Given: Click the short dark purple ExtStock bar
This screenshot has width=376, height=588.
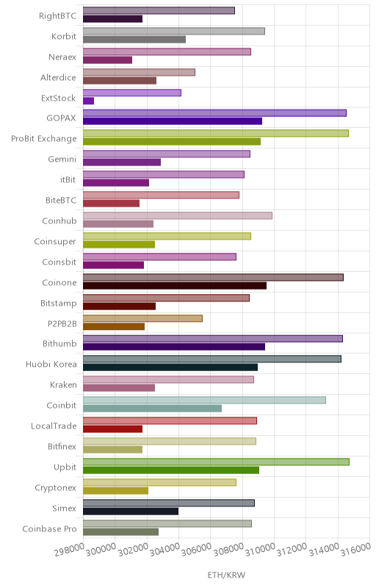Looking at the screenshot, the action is (88, 101).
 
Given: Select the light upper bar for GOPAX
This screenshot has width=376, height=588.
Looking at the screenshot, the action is (214, 113).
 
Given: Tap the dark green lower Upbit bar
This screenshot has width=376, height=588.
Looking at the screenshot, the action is (171, 470).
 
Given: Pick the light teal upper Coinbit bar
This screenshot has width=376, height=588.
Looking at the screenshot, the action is (204, 400).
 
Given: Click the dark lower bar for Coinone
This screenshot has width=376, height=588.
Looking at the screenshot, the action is (175, 286).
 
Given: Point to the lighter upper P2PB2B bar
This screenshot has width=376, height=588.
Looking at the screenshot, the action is (142, 318).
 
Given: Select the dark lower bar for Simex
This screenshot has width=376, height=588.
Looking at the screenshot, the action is (131, 512).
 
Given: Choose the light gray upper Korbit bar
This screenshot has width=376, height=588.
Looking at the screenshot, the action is (174, 31).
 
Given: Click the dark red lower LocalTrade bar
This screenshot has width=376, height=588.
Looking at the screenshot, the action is (112, 429).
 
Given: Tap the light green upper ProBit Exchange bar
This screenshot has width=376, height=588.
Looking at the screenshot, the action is (216, 133).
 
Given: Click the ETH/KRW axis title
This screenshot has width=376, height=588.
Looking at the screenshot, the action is (227, 575).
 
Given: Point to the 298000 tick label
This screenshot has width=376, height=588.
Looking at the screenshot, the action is (70, 550).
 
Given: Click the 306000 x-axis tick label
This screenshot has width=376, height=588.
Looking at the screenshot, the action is (197, 550).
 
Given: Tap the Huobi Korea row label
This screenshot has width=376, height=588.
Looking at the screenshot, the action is (51, 364).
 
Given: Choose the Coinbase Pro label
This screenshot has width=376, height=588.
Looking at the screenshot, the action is (49, 528).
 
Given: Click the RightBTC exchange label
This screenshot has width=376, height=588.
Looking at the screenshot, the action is (58, 15).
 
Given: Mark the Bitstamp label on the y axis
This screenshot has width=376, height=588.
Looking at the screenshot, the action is (59, 303).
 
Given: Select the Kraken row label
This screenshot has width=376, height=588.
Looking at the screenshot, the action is (63, 384).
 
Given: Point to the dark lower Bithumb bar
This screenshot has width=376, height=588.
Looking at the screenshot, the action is (174, 347).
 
